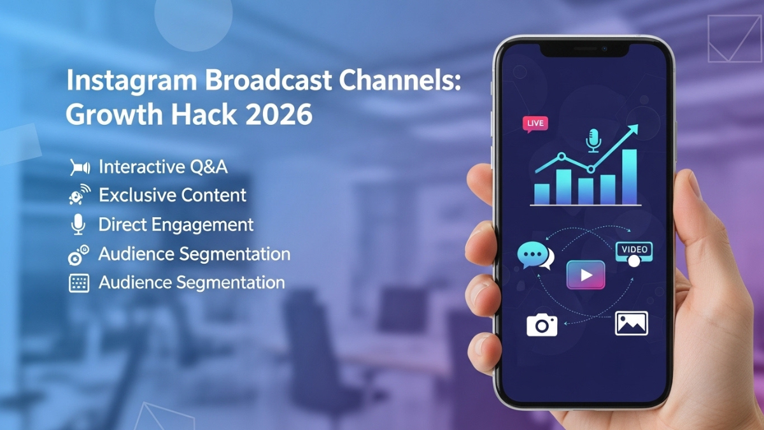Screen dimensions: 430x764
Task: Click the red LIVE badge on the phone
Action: tap(535, 124)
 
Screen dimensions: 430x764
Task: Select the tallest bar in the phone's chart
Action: tap(629, 176)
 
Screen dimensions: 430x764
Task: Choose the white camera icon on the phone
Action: tap(542, 326)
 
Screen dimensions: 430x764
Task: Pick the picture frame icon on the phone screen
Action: tap(631, 324)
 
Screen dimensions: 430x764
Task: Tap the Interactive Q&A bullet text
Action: tap(163, 168)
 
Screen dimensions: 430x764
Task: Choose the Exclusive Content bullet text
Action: tap(173, 196)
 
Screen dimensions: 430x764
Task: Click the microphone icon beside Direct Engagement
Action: tap(78, 225)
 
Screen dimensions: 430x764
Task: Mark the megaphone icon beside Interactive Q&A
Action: tap(78, 168)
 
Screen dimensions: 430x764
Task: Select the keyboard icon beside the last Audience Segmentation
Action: tap(78, 283)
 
